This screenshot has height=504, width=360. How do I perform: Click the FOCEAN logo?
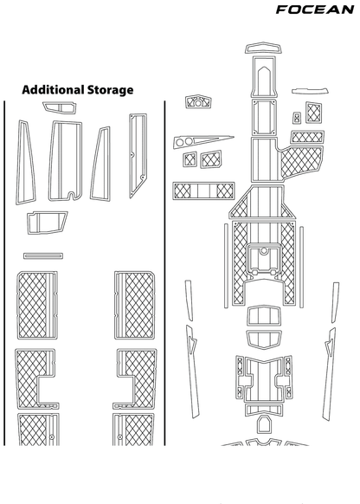[315, 10]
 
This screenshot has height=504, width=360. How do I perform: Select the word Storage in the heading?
[111, 90]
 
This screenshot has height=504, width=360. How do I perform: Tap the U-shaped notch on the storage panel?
[72, 195]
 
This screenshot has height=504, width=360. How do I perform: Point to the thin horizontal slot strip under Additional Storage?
[43, 255]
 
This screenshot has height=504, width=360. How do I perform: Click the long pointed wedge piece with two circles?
[203, 142]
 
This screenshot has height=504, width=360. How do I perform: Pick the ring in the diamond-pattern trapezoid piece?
[198, 103]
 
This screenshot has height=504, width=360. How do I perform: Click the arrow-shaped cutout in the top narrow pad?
[264, 81]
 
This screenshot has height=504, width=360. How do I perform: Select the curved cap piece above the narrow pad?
[264, 48]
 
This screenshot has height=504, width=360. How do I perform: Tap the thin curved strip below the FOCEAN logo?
[310, 91]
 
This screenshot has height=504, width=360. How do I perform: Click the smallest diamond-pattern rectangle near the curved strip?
[297, 118]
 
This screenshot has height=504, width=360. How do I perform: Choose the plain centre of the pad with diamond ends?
[203, 191]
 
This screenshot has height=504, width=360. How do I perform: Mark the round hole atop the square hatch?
[264, 251]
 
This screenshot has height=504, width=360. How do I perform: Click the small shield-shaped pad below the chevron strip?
[264, 424]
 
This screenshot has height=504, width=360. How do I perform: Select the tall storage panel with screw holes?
[138, 155]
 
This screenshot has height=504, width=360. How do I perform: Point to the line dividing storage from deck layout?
[164, 273]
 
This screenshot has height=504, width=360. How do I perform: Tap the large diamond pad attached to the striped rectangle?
[301, 162]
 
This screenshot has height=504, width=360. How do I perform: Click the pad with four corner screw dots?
[264, 117]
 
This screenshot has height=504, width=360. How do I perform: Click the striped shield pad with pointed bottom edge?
[264, 339]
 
